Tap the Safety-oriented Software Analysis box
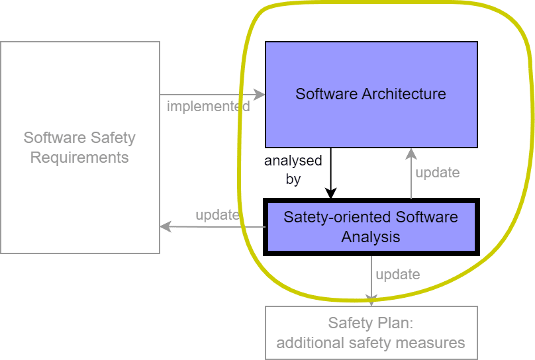coord(371,227)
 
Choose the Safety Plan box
coord(371,333)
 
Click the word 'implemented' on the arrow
coord(208,106)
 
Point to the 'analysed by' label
coord(293,169)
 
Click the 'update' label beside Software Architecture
coord(437,172)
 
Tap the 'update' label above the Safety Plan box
coord(397,274)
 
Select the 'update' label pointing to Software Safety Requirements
coord(217,214)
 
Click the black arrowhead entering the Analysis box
coord(330,193)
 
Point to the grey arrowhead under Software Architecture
coord(411,154)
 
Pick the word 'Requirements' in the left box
coord(79,157)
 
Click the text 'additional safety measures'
coord(371,343)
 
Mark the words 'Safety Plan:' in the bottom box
coord(371,323)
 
